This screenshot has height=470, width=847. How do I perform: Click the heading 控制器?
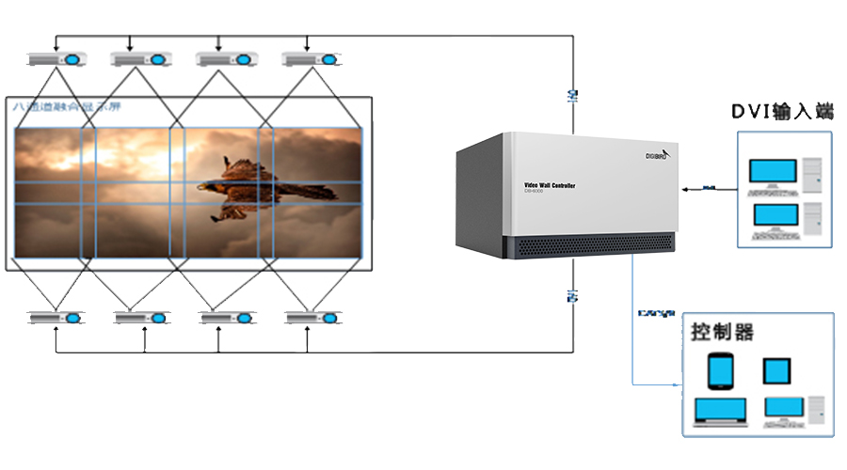723,332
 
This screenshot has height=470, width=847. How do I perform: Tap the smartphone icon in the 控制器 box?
720,370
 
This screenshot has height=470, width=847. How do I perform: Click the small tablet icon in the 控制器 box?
776,371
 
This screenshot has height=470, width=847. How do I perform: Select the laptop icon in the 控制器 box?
720,412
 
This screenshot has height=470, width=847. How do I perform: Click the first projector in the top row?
56,59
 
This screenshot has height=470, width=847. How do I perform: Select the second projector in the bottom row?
143,318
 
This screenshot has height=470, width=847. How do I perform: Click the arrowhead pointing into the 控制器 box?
676,385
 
